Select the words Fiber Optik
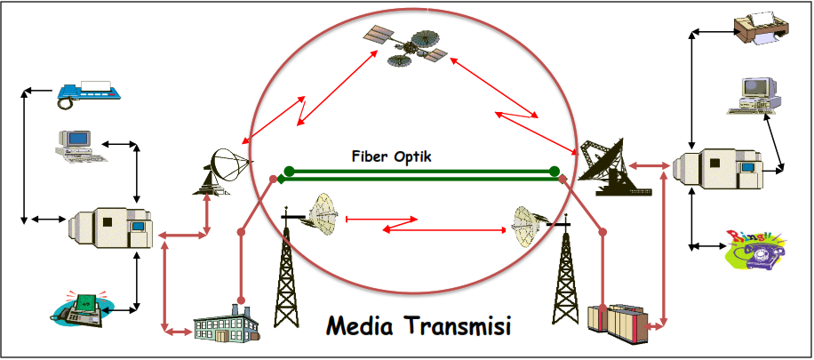pos(391,156)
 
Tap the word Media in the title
pos(361,326)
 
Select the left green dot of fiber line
pos(288,171)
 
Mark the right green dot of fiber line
pos(554,171)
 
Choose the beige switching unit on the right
pos(717,170)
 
